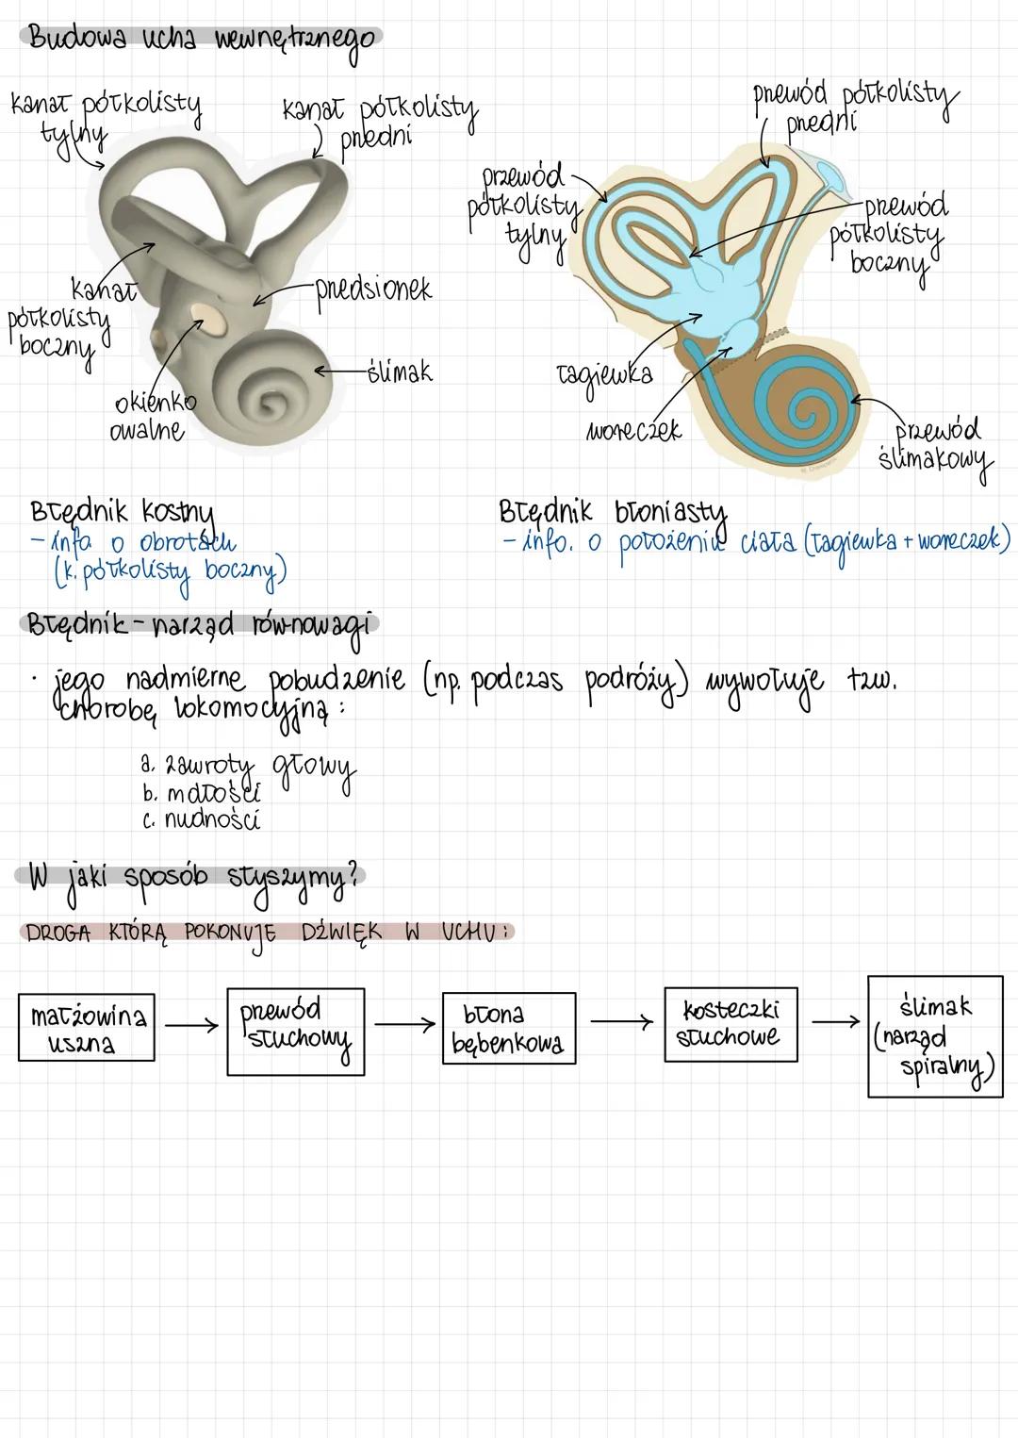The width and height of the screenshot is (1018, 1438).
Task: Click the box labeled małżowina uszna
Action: coord(86,1028)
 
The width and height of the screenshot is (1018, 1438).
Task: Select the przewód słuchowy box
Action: coord(295,1031)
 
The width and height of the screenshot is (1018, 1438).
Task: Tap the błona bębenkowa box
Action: coord(508,1028)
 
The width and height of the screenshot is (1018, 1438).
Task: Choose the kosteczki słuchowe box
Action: coord(730,1024)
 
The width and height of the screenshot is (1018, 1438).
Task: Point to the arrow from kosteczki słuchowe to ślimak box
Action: coord(836,1021)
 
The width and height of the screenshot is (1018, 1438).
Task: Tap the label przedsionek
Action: coord(373,289)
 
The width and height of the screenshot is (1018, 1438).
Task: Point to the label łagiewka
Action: coord(604,376)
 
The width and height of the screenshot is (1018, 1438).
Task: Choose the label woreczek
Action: coord(632,431)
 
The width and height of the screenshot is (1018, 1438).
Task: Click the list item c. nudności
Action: coord(202,819)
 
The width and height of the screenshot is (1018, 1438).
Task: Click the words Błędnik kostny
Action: coord(123,515)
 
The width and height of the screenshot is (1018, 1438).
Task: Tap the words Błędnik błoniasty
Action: coord(613,512)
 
